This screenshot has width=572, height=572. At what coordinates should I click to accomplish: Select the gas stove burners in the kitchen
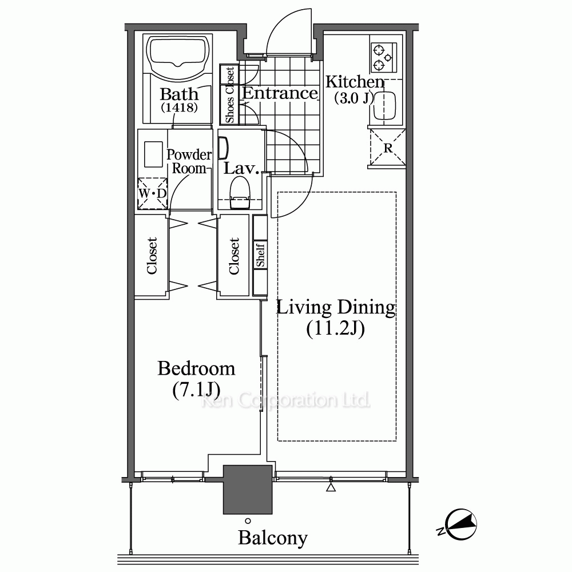coord(384,58)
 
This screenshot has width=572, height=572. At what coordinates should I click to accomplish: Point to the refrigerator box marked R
coord(387,148)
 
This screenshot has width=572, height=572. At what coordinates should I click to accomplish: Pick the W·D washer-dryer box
coord(152,193)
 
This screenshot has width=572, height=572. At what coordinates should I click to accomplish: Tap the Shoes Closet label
coord(230,95)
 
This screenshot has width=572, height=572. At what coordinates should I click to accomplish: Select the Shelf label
coord(260,255)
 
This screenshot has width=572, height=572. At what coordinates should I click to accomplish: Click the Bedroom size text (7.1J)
coord(196,390)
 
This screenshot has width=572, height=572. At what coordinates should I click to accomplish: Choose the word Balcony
coord(273,538)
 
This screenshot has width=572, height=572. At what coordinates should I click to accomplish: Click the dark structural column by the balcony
coord(248,489)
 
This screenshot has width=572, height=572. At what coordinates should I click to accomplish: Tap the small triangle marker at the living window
coord(331,487)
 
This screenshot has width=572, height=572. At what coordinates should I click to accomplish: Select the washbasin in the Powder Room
coord(153,154)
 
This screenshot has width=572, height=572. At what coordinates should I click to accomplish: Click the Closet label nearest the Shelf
coord(233,256)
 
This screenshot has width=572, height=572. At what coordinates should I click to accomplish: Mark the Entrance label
coord(280,93)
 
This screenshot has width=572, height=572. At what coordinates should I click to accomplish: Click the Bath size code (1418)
coord(179,108)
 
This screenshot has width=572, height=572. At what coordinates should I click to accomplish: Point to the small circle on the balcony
coord(248,521)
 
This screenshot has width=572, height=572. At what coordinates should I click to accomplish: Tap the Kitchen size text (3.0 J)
coord(354,98)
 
